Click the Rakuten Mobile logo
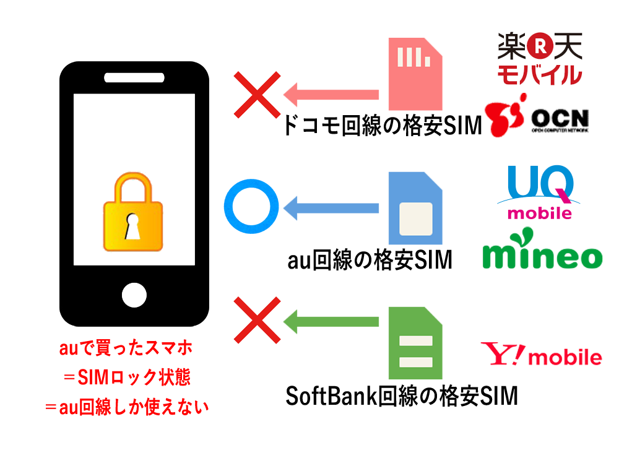[540, 58]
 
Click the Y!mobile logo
[540, 356]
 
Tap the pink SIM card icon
[415, 74]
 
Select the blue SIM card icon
[415, 208]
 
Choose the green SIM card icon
[415, 342]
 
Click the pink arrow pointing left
[331, 95]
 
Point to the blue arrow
[331, 208]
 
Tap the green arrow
[331, 321]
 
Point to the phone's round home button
[134, 295]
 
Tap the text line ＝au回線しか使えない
[127, 407]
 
